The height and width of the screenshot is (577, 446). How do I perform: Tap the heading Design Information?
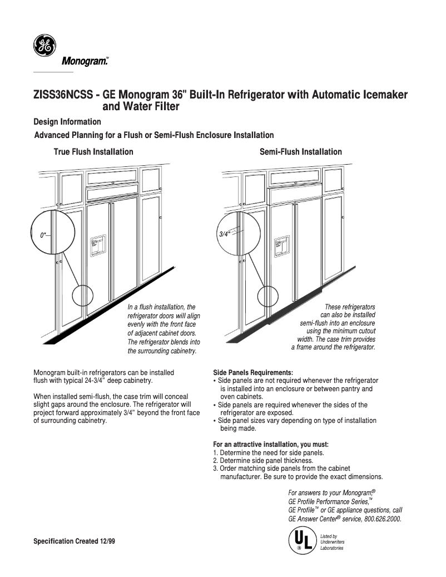67,122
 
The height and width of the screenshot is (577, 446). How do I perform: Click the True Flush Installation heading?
93,152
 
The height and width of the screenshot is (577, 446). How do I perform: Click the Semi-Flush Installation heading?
301,152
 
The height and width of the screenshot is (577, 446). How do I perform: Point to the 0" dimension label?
43,235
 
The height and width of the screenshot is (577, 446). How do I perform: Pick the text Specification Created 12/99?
75,541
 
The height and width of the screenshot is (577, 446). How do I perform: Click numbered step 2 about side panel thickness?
264,461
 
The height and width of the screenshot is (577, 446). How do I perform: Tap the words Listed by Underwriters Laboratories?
333,542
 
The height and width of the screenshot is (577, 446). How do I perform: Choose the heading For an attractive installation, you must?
271,445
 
